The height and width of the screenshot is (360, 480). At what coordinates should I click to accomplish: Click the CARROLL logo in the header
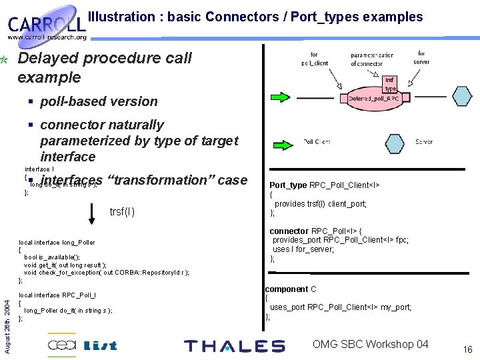click(47, 25)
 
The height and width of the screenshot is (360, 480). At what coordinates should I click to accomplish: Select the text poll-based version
click(99, 101)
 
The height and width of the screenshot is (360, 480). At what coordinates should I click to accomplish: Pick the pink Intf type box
click(390, 84)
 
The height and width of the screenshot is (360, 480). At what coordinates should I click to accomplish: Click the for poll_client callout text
click(315, 59)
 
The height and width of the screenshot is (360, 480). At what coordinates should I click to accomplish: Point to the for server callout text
click(421, 57)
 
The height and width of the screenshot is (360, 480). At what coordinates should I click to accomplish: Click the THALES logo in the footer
click(234, 346)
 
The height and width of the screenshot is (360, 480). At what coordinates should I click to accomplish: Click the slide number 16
click(467, 349)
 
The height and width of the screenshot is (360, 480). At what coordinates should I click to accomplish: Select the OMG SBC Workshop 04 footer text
click(371, 344)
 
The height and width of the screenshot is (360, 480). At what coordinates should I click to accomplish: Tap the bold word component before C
click(286, 289)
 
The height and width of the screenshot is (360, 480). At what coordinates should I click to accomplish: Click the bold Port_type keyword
click(288, 185)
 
